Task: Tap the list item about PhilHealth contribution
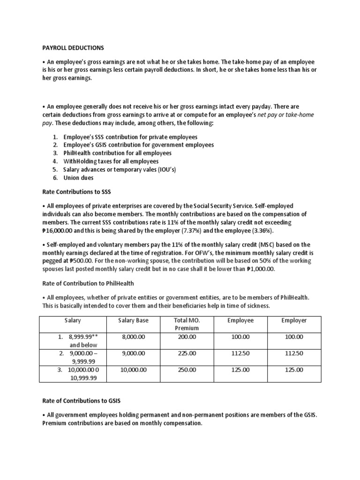112,153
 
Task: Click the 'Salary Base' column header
134,320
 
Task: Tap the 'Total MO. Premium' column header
187,324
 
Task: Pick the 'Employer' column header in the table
294,320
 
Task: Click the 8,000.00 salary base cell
134,337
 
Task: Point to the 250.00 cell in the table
187,370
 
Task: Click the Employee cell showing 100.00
240,337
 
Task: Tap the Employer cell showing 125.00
294,370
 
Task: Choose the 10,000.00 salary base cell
134,370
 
